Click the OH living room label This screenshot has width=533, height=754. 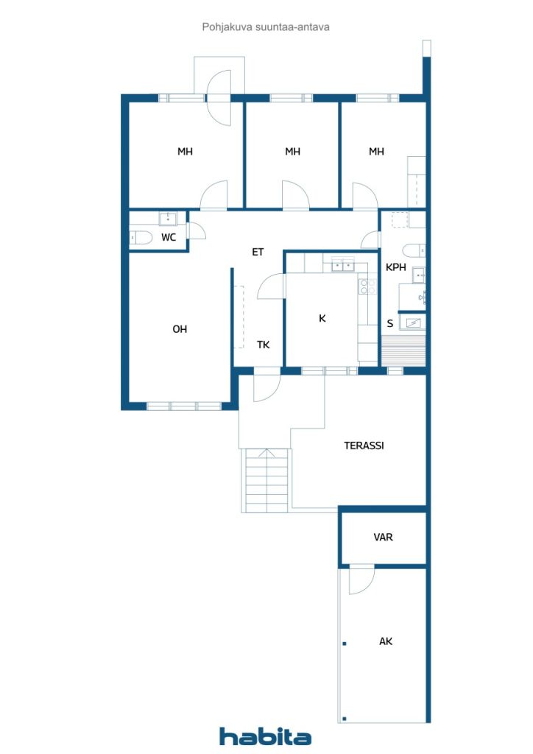180,329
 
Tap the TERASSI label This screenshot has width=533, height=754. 364,445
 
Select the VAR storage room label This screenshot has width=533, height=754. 383,538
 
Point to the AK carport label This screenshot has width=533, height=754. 386,641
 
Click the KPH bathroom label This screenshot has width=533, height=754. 396,267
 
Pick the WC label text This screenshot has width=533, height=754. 169,237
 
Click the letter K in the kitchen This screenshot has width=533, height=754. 322,319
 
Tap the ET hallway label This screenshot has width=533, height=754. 258,252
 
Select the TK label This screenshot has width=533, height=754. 263,344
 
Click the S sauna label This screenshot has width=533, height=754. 390,323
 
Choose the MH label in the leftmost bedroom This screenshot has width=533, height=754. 185,152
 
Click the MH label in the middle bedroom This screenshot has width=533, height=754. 293,152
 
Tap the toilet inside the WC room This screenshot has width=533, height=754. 141,237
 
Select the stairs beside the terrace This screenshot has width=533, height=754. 266,480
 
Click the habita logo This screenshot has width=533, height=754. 265,736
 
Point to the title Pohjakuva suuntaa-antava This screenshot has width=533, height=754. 266,27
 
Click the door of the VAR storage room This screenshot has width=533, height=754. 361,579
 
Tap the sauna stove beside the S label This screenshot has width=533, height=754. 414,322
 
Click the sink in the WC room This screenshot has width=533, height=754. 168,218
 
